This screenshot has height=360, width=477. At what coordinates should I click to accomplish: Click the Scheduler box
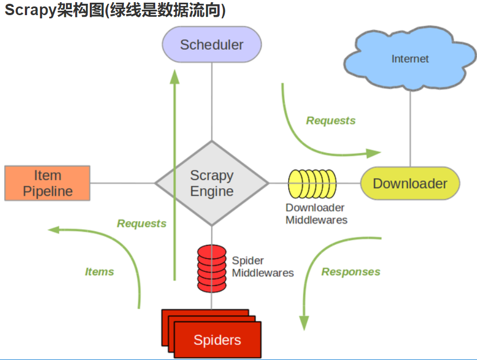tap(212, 44)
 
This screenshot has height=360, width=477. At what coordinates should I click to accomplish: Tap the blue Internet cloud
tap(410, 58)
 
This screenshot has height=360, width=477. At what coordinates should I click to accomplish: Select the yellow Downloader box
tap(410, 183)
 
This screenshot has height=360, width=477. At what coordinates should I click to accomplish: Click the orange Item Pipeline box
tap(48, 183)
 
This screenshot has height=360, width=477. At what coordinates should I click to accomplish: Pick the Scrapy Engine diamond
tap(212, 183)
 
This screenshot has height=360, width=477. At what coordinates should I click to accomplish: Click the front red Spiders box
tap(217, 339)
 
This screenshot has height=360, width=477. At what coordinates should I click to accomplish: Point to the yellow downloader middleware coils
tap(313, 184)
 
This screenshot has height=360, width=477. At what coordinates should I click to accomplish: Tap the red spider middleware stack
tap(212, 269)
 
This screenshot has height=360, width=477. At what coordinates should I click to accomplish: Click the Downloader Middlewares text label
tap(316, 214)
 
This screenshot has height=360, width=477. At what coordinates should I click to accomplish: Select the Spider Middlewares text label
tap(263, 266)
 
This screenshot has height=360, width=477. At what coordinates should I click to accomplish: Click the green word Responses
tap(351, 271)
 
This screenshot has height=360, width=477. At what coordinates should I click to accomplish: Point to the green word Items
tap(100, 271)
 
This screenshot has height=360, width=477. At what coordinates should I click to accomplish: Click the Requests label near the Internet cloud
tap(330, 121)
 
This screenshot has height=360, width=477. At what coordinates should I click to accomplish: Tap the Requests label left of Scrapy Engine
tap(142, 223)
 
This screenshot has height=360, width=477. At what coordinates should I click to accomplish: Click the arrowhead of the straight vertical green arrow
tap(175, 77)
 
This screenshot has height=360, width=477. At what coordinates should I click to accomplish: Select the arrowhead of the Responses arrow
tap(304, 323)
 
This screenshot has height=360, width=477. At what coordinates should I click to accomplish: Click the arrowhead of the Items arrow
tap(54, 230)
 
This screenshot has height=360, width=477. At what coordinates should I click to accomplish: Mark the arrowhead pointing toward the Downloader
tap(373, 154)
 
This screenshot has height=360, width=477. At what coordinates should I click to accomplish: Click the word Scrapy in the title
tap(30, 10)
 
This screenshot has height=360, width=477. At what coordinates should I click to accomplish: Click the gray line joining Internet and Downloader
tap(410, 128)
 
